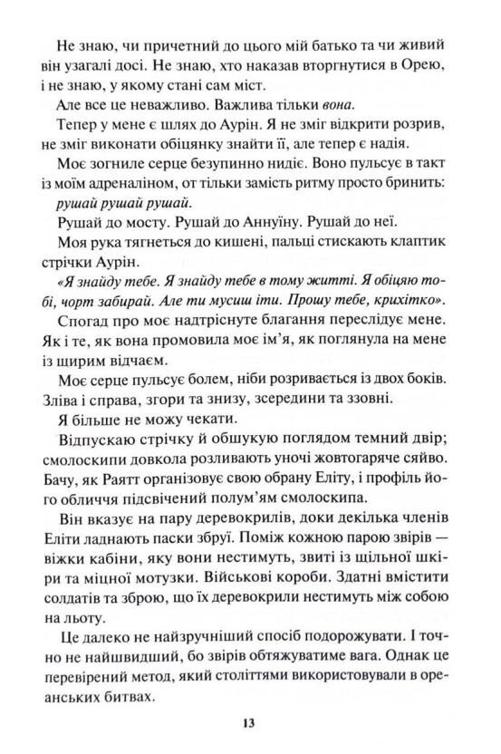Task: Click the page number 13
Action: tap(251, 722)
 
